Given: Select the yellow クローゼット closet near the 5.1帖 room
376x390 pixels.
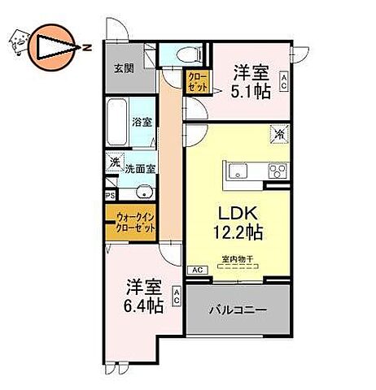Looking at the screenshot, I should pyautogui.click(x=197, y=83).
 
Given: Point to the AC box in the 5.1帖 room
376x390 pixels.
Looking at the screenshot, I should pyautogui.click(x=283, y=82).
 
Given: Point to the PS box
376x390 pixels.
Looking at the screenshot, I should pyautogui.click(x=111, y=194).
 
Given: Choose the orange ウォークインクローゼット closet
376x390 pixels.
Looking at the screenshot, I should pyautogui.click(x=130, y=221).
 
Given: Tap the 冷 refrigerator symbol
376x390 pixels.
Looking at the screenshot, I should pyautogui.click(x=279, y=135).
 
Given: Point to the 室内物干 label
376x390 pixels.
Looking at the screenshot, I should pyautogui.click(x=237, y=260).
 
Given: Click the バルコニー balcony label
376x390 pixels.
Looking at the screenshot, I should pyautogui.click(x=237, y=310).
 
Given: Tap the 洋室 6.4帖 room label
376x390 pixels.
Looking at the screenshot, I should pyautogui.click(x=143, y=297).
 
